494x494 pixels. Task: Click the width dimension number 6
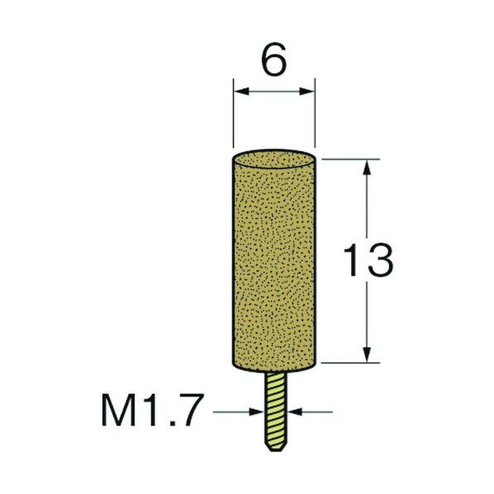[274, 59]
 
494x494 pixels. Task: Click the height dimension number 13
[368, 260]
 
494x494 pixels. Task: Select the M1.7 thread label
[150, 410]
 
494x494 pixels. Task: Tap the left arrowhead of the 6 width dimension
[241, 92]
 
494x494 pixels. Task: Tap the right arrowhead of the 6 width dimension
[307, 92]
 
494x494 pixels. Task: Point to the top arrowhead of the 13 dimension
[367, 167]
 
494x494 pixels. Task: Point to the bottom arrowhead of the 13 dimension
[367, 354]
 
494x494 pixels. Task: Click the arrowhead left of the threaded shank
[256, 411]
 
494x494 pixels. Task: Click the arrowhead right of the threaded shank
[296, 411]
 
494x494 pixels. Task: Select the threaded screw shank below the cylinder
[275, 411]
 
